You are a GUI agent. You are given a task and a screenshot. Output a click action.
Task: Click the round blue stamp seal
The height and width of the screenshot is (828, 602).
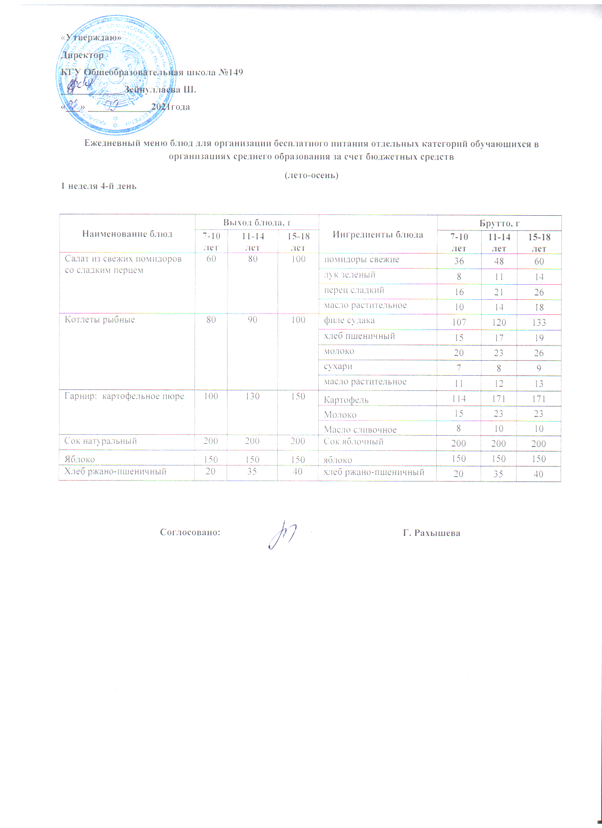pos(116,76)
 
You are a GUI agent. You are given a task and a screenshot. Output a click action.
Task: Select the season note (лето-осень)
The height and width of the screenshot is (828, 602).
pos(311,175)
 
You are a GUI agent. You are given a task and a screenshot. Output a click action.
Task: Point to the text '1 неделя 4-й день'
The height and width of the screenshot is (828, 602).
pos(99,186)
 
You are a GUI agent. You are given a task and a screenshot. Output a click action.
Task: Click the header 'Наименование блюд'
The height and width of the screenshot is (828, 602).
pos(127,234)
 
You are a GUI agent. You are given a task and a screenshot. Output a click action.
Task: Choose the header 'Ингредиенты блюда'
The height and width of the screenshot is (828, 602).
pos(378,235)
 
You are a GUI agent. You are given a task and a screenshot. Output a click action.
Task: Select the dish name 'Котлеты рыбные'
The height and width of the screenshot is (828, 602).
pos(100,320)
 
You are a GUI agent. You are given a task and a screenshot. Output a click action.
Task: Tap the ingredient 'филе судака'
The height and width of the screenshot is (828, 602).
pos(349,321)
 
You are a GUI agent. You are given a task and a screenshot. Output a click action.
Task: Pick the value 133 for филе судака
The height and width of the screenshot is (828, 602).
pos(539,322)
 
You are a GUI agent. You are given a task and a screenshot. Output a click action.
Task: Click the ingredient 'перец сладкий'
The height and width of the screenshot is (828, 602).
pos(354,290)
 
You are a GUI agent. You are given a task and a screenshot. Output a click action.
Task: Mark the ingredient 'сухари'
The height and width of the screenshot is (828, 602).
pos(338,366)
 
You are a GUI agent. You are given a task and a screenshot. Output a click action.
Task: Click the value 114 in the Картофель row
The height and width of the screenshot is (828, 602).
pos(458,399)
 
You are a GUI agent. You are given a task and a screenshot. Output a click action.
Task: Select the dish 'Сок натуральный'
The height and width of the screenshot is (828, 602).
pos(101,441)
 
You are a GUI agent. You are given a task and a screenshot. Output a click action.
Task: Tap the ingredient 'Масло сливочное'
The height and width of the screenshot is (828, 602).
pos(360,430)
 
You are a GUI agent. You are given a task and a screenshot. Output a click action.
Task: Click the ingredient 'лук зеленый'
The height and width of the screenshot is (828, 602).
pos(350,275)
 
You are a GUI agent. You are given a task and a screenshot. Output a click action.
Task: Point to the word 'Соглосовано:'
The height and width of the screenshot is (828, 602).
pos(190,532)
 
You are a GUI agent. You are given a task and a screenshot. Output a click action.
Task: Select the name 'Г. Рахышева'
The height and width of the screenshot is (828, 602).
pos(432,533)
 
